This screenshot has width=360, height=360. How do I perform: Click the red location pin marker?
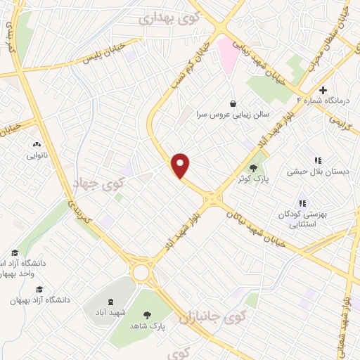coord(181,165)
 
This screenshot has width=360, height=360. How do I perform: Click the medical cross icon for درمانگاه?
coord(323,90)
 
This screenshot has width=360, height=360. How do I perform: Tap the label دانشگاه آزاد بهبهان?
coord(40,300)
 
